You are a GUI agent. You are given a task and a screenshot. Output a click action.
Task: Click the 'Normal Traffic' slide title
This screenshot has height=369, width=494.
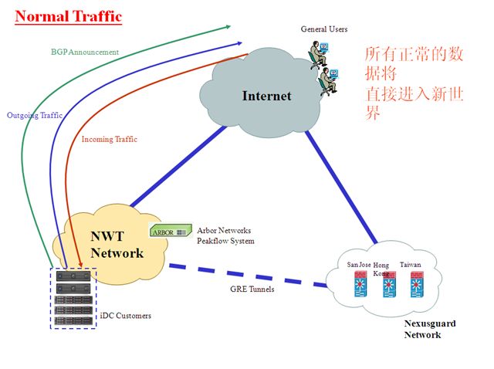click(x=69, y=15)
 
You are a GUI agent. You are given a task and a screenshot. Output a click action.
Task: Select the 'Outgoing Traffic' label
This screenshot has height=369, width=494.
click(x=35, y=115)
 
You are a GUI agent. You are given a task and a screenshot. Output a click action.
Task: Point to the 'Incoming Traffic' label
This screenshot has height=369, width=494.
click(x=109, y=139)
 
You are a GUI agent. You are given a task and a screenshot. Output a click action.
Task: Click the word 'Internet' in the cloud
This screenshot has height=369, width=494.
click(x=266, y=96)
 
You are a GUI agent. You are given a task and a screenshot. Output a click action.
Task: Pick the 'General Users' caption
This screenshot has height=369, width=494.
click(x=324, y=29)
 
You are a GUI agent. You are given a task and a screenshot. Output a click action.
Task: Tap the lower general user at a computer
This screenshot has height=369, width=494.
click(x=328, y=79)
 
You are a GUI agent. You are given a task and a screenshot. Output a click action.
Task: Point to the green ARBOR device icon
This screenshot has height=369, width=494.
click(x=169, y=230)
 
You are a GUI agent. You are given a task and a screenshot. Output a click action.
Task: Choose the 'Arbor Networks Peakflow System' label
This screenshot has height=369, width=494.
click(x=225, y=235)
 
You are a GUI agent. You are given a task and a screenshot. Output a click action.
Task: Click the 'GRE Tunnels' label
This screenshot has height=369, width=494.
click(x=252, y=289)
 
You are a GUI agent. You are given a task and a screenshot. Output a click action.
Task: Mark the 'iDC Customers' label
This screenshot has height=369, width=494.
click(x=126, y=316)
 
